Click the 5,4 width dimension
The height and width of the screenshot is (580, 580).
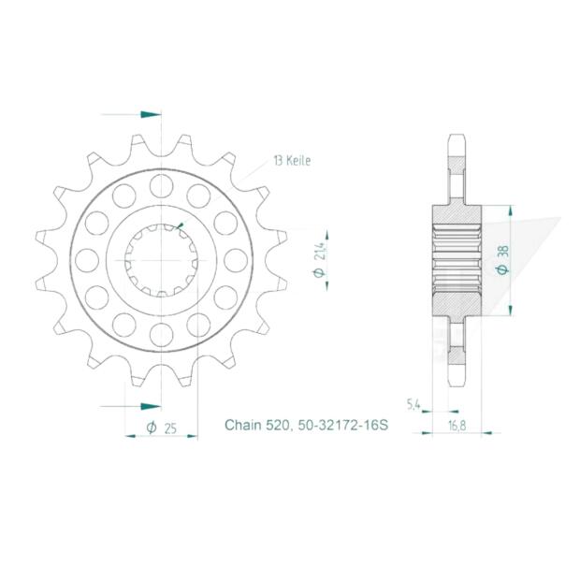(x=412, y=404)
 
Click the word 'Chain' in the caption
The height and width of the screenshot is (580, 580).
(x=243, y=426)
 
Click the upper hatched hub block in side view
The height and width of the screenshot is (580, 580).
(x=456, y=214)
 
